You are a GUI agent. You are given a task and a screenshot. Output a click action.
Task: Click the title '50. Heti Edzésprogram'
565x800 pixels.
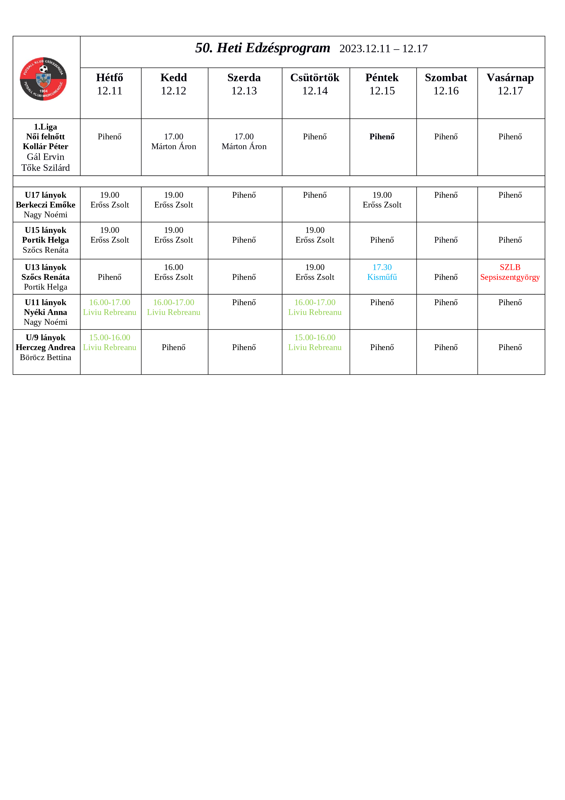[x=262, y=48]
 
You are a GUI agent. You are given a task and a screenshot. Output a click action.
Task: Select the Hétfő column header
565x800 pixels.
[x=110, y=84]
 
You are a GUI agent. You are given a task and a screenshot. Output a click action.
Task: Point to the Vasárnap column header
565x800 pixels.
[x=510, y=84]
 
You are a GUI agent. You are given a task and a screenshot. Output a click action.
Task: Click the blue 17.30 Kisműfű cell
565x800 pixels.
[x=382, y=272]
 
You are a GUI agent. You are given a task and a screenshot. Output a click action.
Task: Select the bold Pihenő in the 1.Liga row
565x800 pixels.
[x=382, y=137]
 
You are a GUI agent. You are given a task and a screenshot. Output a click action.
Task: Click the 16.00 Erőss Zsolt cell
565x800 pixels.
[x=174, y=272]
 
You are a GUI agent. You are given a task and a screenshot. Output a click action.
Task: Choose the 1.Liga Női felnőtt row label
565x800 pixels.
[x=46, y=132]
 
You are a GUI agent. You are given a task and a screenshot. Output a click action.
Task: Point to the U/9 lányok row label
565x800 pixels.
[x=46, y=338]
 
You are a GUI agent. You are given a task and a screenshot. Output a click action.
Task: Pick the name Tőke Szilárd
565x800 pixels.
[x=46, y=168]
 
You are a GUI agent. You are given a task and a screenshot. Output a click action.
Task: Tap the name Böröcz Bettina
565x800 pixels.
[x=46, y=358]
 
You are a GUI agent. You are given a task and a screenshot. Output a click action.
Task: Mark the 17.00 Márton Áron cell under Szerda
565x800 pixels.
[x=244, y=141]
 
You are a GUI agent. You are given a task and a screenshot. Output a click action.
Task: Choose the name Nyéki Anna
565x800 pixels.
[x=46, y=312]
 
